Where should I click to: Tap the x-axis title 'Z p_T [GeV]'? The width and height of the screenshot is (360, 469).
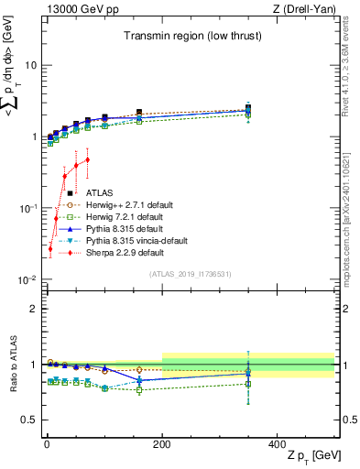click(x=308, y=456)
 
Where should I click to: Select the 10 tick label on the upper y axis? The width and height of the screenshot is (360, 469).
click(x=30, y=65)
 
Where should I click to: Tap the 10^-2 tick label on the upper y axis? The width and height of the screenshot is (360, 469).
click(x=27, y=279)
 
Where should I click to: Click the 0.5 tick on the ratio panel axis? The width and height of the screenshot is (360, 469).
click(x=28, y=420)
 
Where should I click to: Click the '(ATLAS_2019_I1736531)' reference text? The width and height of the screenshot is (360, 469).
click(x=189, y=274)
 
